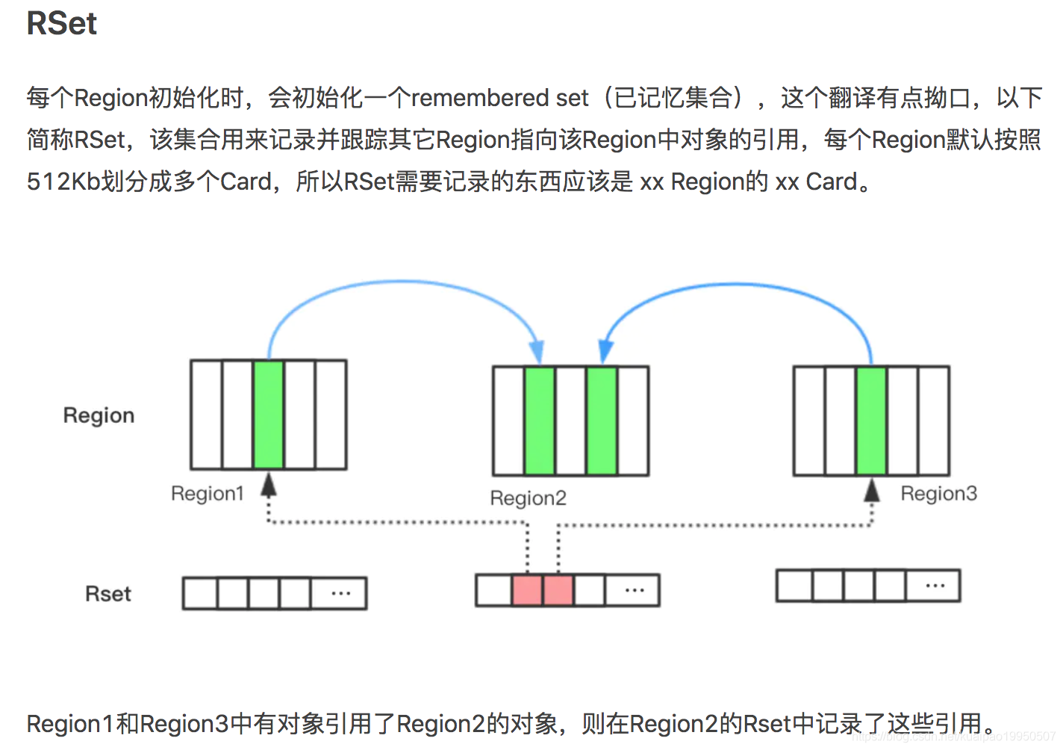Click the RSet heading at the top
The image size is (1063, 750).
pos(62,23)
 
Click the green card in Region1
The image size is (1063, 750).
pos(268,415)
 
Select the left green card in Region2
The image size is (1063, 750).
pos(540,421)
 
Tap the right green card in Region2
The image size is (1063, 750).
pos(602,421)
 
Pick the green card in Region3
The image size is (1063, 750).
pos(871,421)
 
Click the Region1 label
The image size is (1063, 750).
pos(208,494)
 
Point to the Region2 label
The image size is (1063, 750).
pos(528,498)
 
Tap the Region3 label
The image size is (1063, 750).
pos(938,494)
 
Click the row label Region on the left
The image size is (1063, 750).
pos(99,415)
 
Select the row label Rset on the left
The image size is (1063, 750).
pos(108,594)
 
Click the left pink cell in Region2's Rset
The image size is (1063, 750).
pos(527,590)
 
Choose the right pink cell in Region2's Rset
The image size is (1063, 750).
pos(558,590)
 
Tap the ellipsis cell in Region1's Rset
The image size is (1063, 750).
pos(340,594)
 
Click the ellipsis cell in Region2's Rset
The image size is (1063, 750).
pos(635,590)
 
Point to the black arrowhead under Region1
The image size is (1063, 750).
pos(269,486)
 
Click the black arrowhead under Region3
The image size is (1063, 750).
pos(871,490)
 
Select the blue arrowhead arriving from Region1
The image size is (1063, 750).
pos(537,351)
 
